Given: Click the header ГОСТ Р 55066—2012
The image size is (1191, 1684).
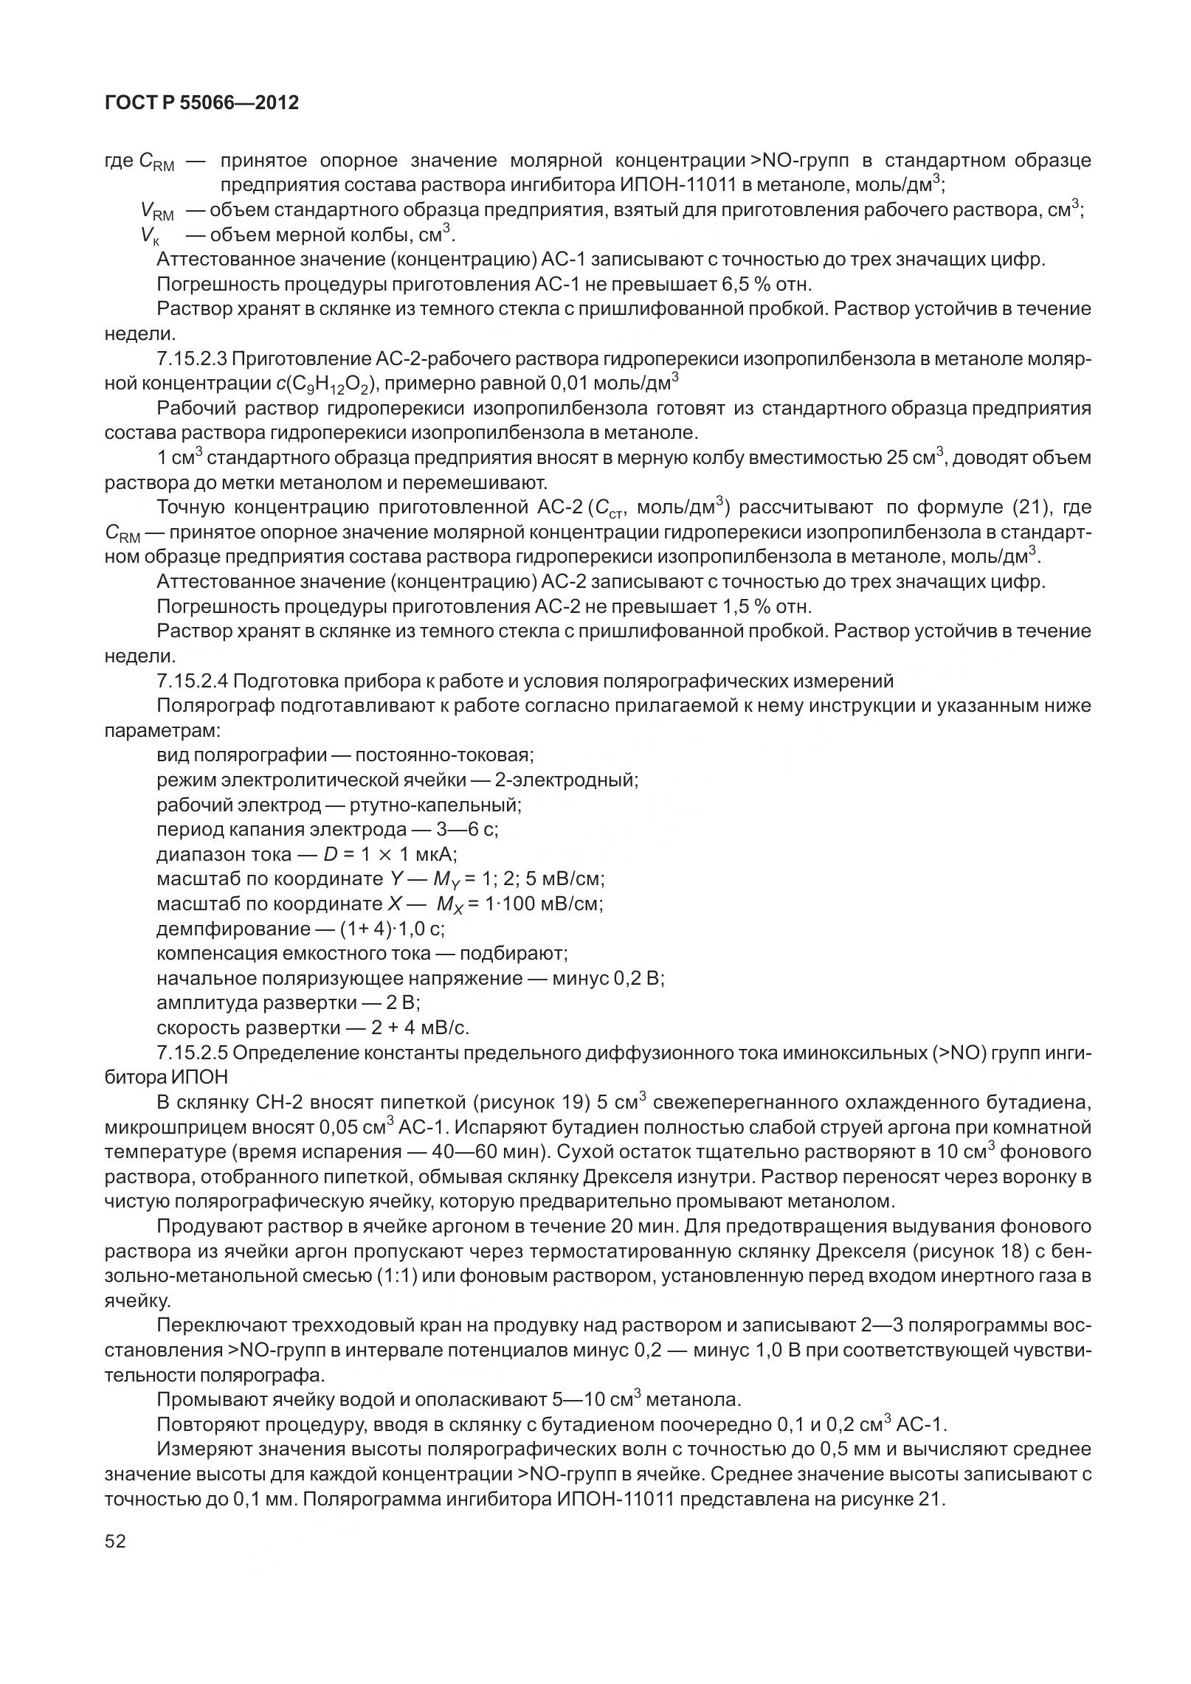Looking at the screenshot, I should (201, 103).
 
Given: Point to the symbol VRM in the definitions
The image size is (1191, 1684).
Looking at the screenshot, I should (156, 212).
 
